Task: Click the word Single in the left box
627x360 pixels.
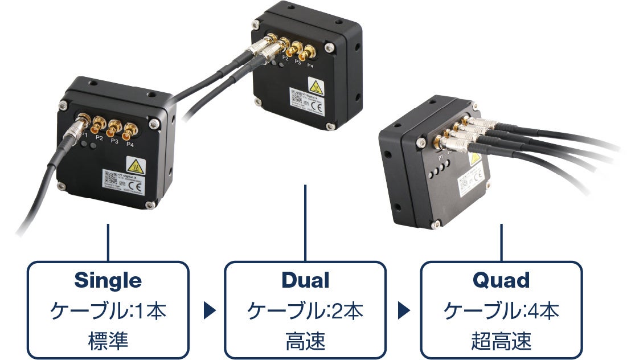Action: (x=108, y=280)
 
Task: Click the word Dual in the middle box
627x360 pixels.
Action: (x=305, y=280)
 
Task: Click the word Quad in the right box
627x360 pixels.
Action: (x=501, y=280)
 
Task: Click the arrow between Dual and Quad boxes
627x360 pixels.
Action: (x=404, y=311)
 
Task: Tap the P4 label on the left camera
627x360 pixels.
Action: (x=130, y=144)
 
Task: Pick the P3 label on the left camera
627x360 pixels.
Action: (x=114, y=141)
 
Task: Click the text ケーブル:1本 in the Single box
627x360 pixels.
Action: (x=108, y=311)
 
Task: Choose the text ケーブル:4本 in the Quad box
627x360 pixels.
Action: (x=501, y=311)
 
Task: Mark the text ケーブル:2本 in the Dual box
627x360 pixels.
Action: (x=305, y=311)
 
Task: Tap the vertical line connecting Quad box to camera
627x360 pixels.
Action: (x=502, y=242)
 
